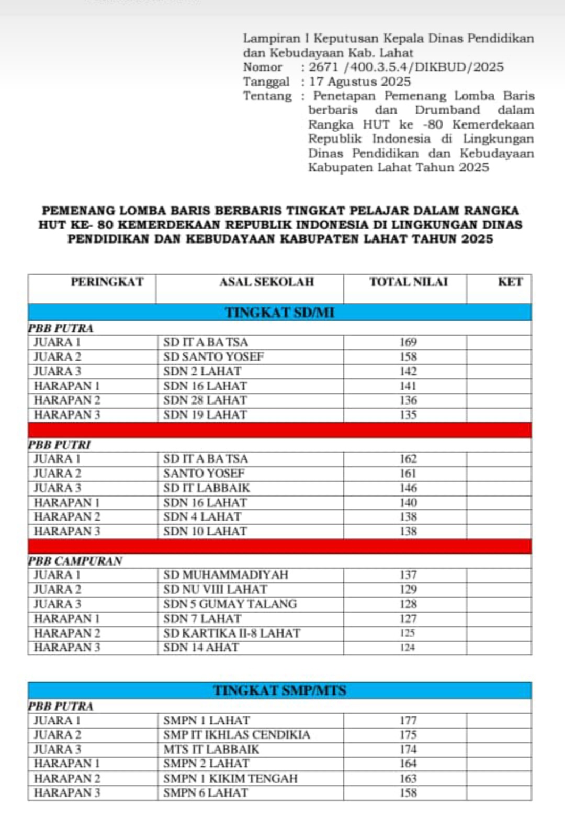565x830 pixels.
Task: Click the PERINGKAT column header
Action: tap(107, 282)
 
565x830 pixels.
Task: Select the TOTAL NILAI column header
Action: tap(409, 282)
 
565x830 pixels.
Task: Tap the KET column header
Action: tap(510, 282)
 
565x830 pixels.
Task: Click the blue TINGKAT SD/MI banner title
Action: tap(279, 313)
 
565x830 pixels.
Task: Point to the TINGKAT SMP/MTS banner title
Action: tap(279, 690)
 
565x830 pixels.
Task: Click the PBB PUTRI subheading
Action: tap(59, 445)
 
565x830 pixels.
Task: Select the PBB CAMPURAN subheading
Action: tap(75, 561)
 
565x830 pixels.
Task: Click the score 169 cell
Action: tap(408, 342)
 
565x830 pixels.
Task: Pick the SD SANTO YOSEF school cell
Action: tap(213, 357)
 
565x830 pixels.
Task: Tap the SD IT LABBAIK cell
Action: tap(207, 488)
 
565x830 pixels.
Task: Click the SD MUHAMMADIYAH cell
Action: tap(225, 575)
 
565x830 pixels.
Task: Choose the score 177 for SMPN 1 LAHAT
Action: tap(408, 720)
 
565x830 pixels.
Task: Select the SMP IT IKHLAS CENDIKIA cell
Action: tap(236, 734)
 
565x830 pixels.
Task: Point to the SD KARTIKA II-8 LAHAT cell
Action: tap(232, 633)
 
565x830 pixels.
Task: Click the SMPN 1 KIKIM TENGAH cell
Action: tap(230, 778)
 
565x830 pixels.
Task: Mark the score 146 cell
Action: tap(408, 488)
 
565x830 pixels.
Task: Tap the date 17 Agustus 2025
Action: tap(360, 82)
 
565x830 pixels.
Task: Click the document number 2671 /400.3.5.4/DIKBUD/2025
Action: tap(406, 67)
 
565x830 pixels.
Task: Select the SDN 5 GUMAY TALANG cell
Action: tap(230, 604)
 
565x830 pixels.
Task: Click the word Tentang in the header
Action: tap(267, 96)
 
